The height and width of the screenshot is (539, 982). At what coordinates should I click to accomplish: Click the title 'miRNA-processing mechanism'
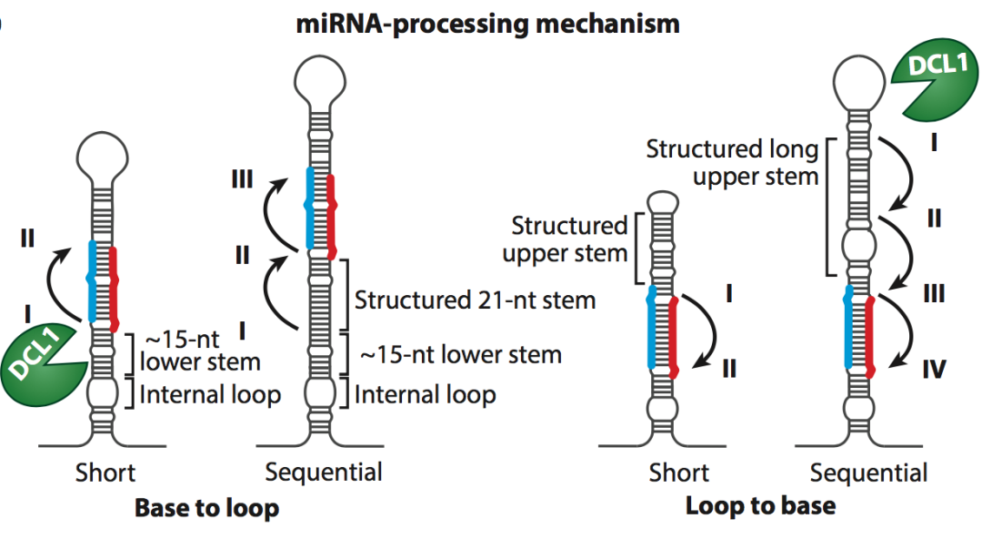pyautogui.click(x=487, y=25)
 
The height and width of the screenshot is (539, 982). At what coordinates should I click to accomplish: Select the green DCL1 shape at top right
pyautogui.click(x=935, y=82)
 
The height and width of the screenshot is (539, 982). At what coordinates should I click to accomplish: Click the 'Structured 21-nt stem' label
pyautogui.click(x=475, y=300)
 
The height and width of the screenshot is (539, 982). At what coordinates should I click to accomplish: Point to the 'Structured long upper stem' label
pyautogui.click(x=732, y=162)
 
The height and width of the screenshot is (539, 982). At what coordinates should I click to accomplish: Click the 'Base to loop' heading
pyautogui.click(x=206, y=508)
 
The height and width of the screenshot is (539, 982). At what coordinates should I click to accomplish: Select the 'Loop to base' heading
pyautogui.click(x=760, y=505)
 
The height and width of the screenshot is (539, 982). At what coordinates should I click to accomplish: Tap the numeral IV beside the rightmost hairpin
pyautogui.click(x=933, y=370)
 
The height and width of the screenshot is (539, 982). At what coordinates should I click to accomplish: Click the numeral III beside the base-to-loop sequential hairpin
pyautogui.click(x=242, y=179)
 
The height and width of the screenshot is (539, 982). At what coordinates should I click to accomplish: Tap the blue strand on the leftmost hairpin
pyautogui.click(x=92, y=281)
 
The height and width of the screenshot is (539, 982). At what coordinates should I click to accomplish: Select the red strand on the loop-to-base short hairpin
pyautogui.click(x=673, y=337)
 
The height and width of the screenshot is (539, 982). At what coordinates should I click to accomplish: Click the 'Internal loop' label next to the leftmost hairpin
pyautogui.click(x=210, y=394)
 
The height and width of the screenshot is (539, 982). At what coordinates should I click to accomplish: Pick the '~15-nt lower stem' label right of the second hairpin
pyautogui.click(x=461, y=355)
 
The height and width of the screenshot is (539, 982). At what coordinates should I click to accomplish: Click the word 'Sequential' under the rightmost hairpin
pyautogui.click(x=868, y=473)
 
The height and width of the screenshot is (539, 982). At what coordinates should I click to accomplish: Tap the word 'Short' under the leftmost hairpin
pyautogui.click(x=105, y=473)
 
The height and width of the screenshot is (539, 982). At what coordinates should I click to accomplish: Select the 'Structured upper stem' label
pyautogui.click(x=565, y=239)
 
